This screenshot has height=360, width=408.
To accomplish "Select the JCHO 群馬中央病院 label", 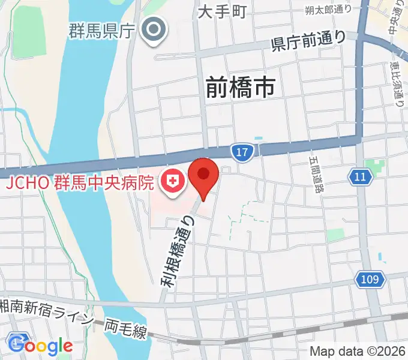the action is tap(80, 182).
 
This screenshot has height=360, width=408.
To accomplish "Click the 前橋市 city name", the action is tap(240, 88).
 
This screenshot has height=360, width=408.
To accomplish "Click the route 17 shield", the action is tap(241, 153).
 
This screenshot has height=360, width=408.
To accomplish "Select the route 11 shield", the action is tap(359, 176).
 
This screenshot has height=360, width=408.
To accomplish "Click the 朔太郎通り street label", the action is tap(328, 9).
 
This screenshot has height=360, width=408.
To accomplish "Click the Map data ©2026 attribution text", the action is tap(358, 351).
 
